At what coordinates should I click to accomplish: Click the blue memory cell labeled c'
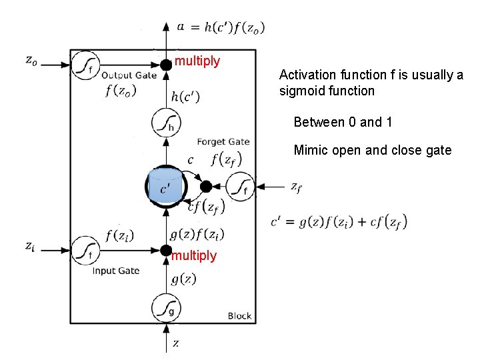(x=165, y=186)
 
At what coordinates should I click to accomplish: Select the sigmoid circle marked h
(x=165, y=123)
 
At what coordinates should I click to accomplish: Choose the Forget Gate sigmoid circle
(x=240, y=187)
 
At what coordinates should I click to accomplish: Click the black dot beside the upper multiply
(x=165, y=64)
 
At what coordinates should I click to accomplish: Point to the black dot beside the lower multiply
(x=165, y=250)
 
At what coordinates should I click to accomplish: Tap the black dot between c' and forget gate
(x=206, y=186)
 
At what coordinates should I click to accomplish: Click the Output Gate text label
(x=129, y=75)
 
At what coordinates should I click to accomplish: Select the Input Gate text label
(x=115, y=271)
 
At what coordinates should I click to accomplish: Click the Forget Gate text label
(x=223, y=141)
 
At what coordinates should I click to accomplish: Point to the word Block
(x=239, y=315)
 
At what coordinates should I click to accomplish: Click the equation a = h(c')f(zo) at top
(x=221, y=27)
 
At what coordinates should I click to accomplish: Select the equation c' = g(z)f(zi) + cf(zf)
(x=339, y=221)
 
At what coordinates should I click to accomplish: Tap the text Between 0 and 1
(x=343, y=122)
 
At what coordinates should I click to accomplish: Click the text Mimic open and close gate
(x=372, y=150)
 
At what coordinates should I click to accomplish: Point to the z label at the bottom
(x=175, y=343)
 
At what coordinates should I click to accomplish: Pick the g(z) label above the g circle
(x=183, y=279)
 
